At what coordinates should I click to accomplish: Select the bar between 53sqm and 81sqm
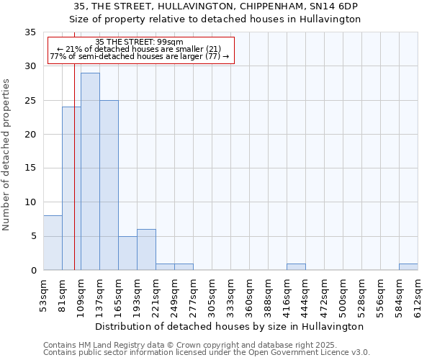pos(53,243)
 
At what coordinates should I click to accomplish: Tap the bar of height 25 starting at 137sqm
pos(109,185)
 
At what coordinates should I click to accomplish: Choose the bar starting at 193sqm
pos(146,250)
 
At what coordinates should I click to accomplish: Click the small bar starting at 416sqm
pos(296,267)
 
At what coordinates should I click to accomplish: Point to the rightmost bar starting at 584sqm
pos(408,267)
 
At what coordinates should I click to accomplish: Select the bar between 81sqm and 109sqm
pos(71,189)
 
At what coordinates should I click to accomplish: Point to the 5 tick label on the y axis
pos(32,236)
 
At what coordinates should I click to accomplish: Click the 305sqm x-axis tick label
pos(212,294)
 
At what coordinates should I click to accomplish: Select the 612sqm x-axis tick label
pos(418,294)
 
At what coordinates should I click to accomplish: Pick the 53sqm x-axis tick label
pos(44,294)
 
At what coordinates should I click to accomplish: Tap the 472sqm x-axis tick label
pos(325,294)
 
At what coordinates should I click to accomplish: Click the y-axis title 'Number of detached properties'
pos(7,154)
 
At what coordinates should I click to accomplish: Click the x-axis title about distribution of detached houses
pos(230,326)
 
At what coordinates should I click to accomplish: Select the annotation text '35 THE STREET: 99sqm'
pos(140,42)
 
